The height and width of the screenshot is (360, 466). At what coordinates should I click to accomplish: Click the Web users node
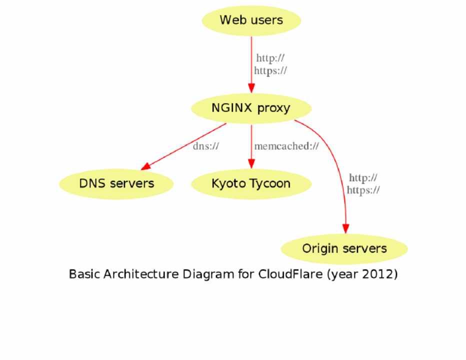(x=251, y=20)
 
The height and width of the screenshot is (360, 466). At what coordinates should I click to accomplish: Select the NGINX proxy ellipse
(x=251, y=108)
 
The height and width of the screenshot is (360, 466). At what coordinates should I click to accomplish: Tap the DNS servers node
(x=116, y=183)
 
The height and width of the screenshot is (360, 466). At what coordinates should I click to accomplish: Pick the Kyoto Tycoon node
(x=251, y=183)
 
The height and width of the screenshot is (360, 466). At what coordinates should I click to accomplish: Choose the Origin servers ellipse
(x=344, y=248)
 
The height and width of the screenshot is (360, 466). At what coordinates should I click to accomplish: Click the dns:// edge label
(x=206, y=146)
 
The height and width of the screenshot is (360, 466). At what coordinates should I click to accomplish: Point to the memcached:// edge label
(x=286, y=146)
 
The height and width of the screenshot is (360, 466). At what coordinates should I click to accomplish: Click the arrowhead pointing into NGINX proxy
(x=251, y=88)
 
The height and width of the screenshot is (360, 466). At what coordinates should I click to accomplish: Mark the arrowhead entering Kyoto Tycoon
(x=251, y=164)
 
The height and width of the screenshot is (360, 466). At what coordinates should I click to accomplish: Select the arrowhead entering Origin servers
(x=345, y=228)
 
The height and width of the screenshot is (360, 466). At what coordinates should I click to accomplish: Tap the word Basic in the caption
(x=84, y=274)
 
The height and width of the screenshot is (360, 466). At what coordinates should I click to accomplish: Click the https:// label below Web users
(x=270, y=70)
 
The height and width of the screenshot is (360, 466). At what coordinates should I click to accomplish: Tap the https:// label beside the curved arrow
(x=363, y=190)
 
